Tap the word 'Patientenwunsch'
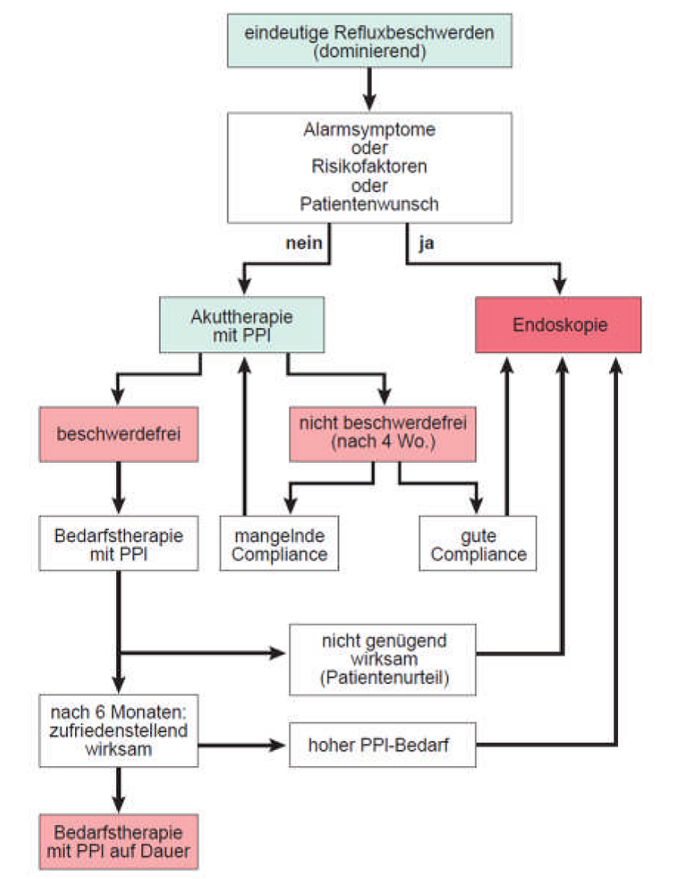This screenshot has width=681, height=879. [x=370, y=203]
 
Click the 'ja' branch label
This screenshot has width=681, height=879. [x=426, y=244]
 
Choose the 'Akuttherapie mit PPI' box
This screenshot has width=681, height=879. [x=242, y=325]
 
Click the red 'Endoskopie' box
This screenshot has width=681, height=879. [x=558, y=325]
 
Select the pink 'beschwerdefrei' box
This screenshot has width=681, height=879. [x=118, y=434]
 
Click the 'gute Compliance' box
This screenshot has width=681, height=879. [x=478, y=544]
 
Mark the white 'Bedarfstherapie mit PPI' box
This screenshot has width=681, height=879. [x=118, y=544]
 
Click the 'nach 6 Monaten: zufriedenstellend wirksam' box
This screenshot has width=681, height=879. [x=118, y=731]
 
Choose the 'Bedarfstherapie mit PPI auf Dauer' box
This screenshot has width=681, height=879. [x=118, y=842]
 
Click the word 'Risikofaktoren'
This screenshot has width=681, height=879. [x=370, y=167]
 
